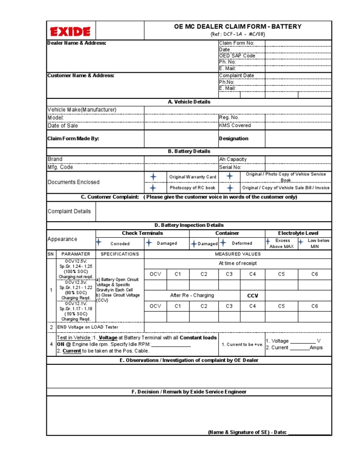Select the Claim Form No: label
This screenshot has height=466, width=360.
(x=236, y=44)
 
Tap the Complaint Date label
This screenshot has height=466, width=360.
(x=236, y=75)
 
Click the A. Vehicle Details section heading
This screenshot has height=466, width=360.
(x=189, y=102)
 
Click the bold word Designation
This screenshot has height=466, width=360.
(x=233, y=139)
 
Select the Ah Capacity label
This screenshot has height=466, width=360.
(x=232, y=159)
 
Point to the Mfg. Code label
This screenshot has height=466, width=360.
(x=60, y=167)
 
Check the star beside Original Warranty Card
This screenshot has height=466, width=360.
(x=153, y=177)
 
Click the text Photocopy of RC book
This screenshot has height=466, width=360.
(x=192, y=188)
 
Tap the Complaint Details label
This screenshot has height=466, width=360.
(x=69, y=211)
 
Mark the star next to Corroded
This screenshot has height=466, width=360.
(x=99, y=243)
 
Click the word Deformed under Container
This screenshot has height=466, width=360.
(x=242, y=243)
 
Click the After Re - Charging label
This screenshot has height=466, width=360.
(x=192, y=296)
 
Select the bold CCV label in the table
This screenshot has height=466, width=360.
(x=252, y=296)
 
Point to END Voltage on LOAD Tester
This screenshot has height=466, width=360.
(x=87, y=327)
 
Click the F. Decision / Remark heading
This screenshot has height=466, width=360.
(x=189, y=391)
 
